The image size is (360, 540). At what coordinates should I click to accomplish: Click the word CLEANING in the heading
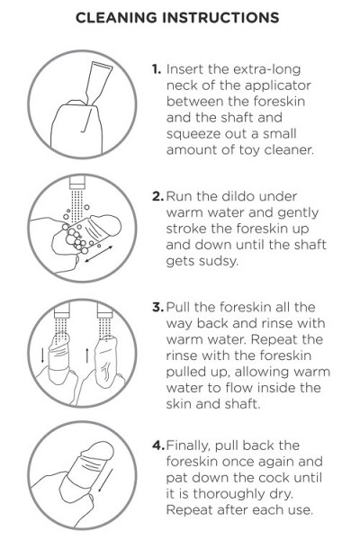[116, 18]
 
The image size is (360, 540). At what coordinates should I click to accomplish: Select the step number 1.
[157, 69]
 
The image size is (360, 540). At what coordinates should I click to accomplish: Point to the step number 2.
[157, 196]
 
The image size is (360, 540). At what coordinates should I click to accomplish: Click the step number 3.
[157, 307]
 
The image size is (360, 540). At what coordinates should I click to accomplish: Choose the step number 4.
[158, 445]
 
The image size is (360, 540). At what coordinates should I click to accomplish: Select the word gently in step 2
[298, 213]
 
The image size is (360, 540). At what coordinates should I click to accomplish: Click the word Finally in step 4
[188, 445]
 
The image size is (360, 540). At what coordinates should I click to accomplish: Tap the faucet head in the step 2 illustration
[77, 183]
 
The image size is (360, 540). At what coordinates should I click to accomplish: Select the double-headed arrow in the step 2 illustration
[98, 254]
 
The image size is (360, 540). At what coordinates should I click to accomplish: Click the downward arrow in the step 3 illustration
[42, 355]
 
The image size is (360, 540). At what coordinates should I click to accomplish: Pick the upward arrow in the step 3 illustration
[86, 355]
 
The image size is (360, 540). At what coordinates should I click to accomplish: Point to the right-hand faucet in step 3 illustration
[104, 310]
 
